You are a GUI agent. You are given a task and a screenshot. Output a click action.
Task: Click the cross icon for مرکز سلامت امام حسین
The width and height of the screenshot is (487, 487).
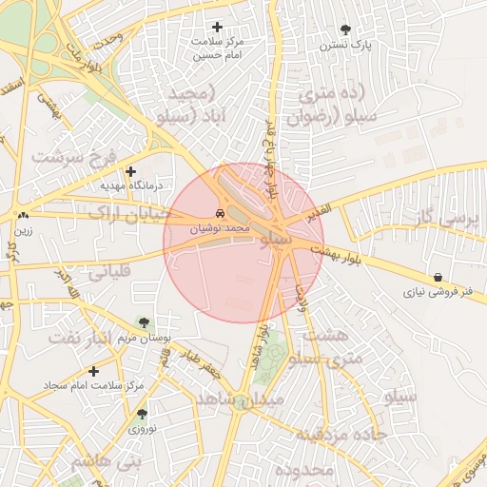pos(218,28)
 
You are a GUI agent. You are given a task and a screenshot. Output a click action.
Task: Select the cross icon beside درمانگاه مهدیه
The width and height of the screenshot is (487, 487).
pos(130,170)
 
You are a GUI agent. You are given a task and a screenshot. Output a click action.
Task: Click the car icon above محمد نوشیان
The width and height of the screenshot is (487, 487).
pos(221,212)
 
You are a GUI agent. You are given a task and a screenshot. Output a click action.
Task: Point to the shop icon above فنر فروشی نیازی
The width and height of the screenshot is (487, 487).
pos(437,277)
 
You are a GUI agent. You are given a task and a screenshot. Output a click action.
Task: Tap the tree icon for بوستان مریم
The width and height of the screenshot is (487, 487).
pos(143,323)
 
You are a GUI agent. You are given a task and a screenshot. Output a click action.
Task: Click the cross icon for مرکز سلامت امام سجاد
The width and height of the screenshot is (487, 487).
pos(93,371)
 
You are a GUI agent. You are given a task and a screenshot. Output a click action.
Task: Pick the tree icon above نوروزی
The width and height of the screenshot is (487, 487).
pos(142,414)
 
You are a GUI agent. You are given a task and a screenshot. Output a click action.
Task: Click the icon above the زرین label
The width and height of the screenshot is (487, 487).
pos(22,216)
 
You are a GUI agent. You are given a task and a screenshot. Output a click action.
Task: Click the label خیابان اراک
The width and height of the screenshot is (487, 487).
pos(127,212)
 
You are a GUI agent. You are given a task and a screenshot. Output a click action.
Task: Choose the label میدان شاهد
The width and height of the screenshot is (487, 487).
pos(240,399)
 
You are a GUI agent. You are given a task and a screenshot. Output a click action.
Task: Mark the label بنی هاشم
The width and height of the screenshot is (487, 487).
pos(104,463)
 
